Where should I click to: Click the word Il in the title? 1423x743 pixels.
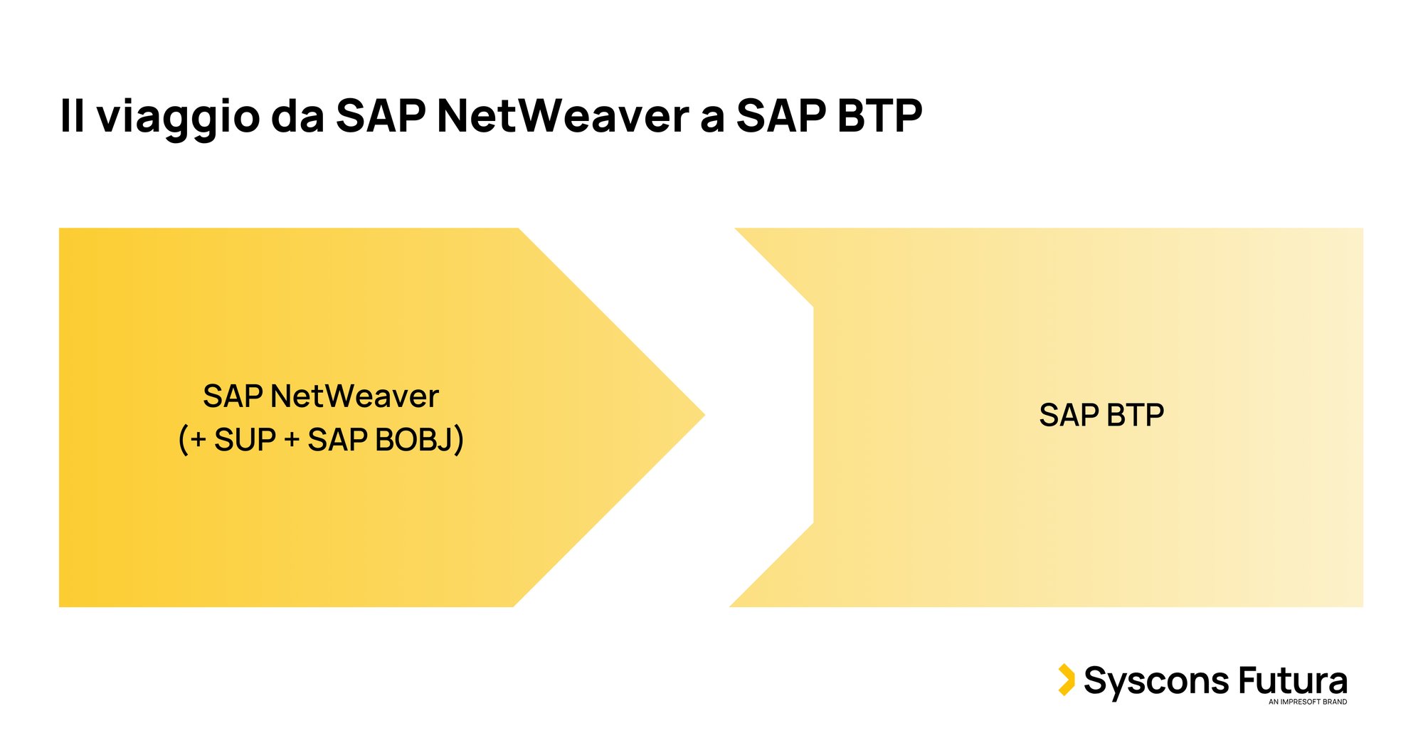coord(72,115)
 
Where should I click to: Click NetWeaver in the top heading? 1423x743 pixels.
coord(563,115)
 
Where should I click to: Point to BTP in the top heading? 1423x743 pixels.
coord(879,115)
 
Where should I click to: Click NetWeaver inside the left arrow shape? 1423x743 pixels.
coord(354,396)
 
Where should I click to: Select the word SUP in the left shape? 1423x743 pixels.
coord(245,440)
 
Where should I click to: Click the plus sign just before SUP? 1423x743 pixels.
coord(199,441)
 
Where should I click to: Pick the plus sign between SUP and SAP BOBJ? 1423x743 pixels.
coord(292,441)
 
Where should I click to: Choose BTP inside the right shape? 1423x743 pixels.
coord(1135,415)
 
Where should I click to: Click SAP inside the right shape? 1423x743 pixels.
coord(1069,415)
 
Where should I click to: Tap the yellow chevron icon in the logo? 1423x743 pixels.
coord(1066,680)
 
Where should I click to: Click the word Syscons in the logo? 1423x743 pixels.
coord(1156,682)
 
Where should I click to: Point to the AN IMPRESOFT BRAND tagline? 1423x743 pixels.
coord(1308,702)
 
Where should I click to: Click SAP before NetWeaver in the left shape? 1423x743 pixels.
coord(233,396)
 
